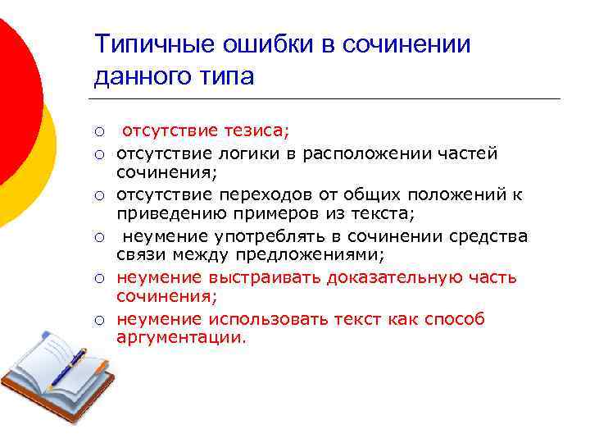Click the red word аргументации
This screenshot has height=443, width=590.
pos(181,338)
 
